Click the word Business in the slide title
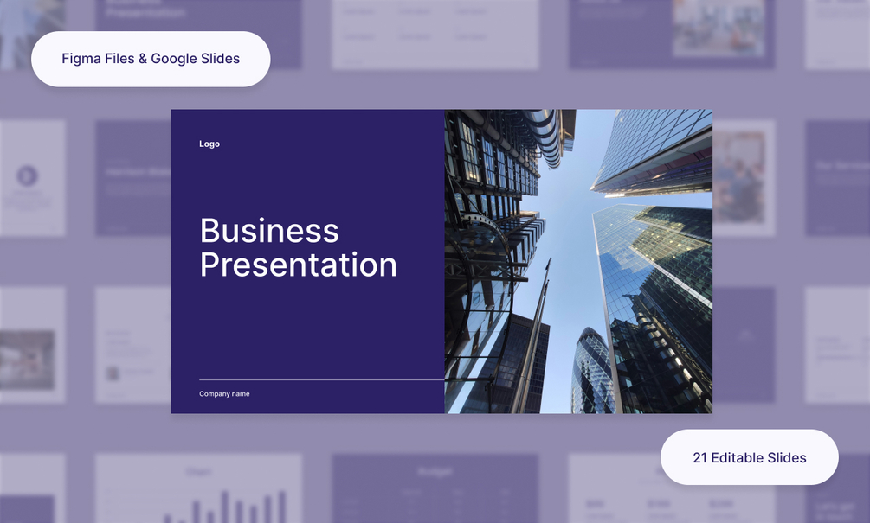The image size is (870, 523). coord(269,231)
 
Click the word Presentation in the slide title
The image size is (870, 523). coord(298,265)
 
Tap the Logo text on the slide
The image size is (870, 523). coord(209,144)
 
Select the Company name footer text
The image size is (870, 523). coord(224,393)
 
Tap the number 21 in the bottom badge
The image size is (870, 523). coord(699,457)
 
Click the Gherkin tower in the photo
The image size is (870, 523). coord(592,372)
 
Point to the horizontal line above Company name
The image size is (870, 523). coord(320,379)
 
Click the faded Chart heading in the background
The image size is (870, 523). coord(198,472)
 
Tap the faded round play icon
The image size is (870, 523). coord(27,176)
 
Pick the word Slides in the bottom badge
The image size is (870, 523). coord(789,457)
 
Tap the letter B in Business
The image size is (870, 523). coord(209,231)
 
